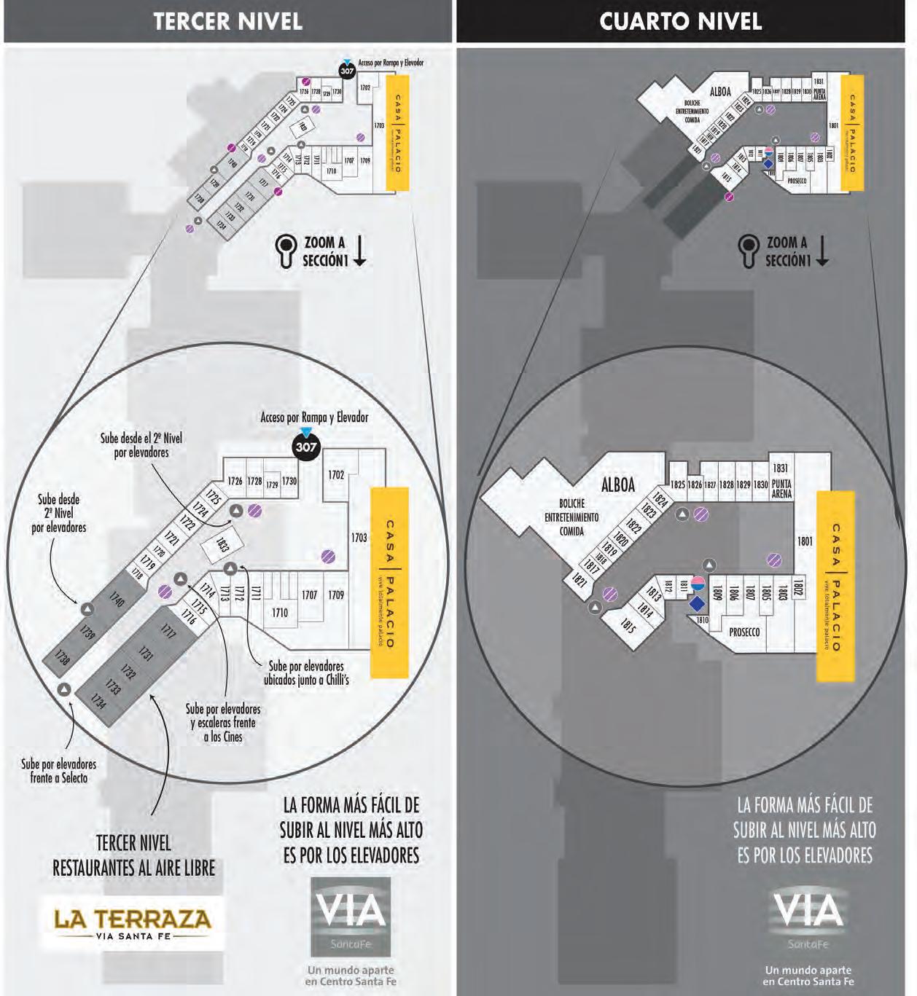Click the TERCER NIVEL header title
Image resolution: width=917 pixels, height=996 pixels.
point(228,21)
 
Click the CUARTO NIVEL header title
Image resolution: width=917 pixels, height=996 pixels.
point(680,21)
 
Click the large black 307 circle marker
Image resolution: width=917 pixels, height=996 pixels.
point(306,446)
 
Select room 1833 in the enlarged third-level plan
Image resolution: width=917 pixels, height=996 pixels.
point(222,544)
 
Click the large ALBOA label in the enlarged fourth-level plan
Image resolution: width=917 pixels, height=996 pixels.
point(618,485)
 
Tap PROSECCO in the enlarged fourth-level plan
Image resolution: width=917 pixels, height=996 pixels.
point(744,632)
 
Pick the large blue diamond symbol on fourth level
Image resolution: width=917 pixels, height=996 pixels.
point(698,604)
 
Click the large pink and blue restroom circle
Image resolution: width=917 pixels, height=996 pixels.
point(698,583)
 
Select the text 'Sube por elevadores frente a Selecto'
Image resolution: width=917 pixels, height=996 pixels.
point(58,771)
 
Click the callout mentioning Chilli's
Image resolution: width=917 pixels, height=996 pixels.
point(306,673)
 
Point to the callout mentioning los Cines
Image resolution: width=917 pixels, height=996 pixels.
point(223,723)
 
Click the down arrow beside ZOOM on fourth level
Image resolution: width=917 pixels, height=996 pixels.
point(822,251)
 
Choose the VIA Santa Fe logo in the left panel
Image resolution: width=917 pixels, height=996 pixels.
point(351,916)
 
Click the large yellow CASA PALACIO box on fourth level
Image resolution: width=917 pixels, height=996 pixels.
point(835,587)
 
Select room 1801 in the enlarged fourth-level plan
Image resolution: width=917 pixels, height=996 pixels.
point(804,541)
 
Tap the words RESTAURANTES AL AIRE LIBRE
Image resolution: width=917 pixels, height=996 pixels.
point(134,868)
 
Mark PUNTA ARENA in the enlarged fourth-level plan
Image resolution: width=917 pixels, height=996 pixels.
point(781,489)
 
